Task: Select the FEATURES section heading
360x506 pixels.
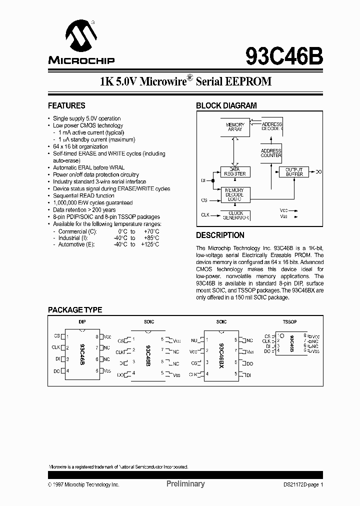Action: click(x=66, y=105)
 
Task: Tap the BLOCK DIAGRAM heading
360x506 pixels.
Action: click(x=226, y=105)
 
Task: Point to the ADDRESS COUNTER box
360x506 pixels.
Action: click(x=271, y=153)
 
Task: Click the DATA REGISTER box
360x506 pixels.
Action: click(x=235, y=171)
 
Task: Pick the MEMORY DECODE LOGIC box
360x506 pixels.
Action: click(x=235, y=194)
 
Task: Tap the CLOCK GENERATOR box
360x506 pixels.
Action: click(x=235, y=216)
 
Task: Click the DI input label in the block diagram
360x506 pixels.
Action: click(x=203, y=180)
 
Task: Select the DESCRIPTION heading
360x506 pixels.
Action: click(x=220, y=235)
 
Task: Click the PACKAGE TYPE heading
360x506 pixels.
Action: click(x=75, y=310)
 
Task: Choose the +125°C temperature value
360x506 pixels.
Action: click(x=150, y=245)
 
